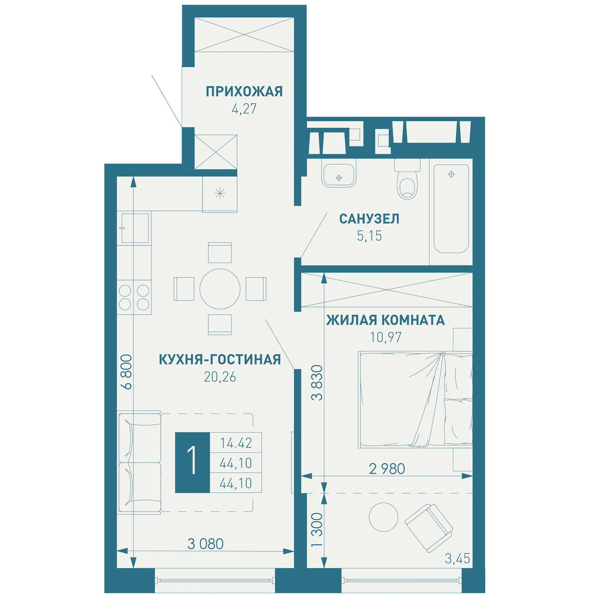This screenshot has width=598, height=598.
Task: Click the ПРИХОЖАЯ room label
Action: tap(244, 92)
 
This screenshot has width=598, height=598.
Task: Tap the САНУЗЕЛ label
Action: tap(369, 219)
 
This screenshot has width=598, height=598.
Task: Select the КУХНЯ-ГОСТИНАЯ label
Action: tap(220, 359)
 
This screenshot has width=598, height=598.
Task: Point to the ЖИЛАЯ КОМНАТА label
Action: tap(386, 320)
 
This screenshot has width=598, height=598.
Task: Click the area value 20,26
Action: tap(220, 377)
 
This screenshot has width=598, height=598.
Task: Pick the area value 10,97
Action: tap(386, 337)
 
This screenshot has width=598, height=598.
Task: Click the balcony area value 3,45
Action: tap(457, 558)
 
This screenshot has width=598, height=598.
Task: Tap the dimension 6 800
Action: tap(127, 372)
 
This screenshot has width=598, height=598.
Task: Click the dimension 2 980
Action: tap(387, 469)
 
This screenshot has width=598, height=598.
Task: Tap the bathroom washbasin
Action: tap(339, 176)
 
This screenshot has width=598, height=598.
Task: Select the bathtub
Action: tap(451, 209)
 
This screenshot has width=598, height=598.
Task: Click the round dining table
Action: tap(220, 289)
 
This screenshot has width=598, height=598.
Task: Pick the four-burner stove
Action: tap(134, 297)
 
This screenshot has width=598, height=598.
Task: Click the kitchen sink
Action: tap(135, 228)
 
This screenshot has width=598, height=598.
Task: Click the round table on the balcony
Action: tap(383, 517)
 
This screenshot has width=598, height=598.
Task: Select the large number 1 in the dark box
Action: tap(192, 460)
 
